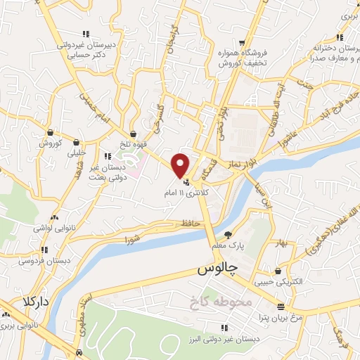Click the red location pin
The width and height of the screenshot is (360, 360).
click(181, 165)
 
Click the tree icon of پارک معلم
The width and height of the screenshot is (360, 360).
click(227, 235)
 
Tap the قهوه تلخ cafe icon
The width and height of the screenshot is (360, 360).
click(133, 134)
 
